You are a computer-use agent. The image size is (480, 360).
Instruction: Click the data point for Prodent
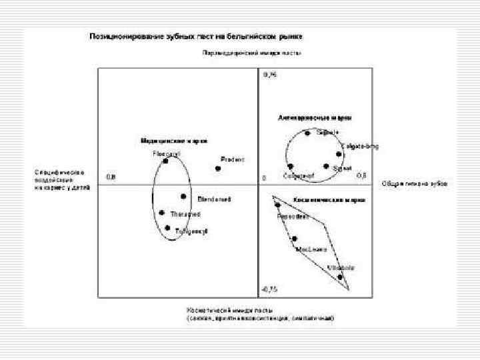[218, 169]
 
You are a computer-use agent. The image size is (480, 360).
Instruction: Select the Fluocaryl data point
[165, 161]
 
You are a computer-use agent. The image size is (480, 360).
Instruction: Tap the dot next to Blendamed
[183, 196]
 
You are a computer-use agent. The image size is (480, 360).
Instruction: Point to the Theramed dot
[162, 213]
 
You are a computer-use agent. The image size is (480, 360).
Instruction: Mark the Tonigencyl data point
[167, 228]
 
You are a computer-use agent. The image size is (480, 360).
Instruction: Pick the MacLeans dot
[293, 239]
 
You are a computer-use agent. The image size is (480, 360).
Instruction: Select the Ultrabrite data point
[340, 277]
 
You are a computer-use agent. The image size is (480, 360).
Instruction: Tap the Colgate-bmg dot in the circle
[339, 154]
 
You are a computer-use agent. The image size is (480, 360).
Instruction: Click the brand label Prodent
[233, 160]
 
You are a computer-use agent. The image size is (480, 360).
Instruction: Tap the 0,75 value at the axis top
[269, 75]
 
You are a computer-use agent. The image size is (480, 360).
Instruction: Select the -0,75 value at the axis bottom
[270, 289]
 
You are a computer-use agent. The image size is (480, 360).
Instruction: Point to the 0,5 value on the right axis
[361, 175]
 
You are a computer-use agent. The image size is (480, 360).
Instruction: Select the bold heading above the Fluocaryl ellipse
[175, 141]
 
